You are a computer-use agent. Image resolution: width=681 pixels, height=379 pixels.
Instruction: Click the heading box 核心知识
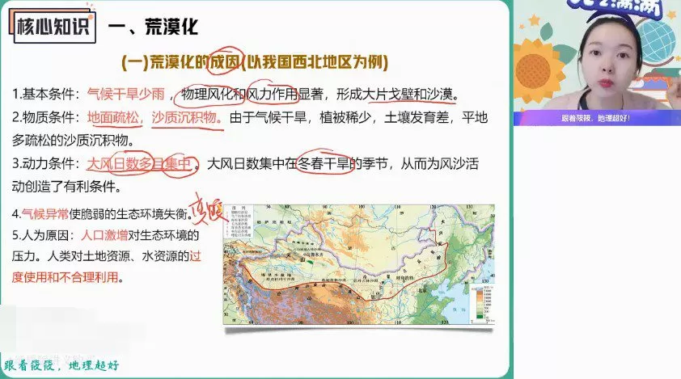(x=50, y=27)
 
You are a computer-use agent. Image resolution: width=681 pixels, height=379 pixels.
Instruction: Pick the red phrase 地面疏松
(x=114, y=118)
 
